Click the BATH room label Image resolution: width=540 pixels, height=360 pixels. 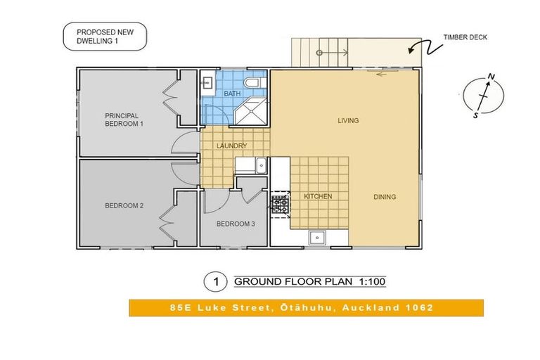[232, 94]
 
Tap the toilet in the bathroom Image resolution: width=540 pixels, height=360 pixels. [254, 83]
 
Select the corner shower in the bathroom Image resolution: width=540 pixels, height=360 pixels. [252, 110]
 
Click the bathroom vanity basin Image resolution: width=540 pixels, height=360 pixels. [207, 82]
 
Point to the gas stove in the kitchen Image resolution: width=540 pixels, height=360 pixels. [280, 205]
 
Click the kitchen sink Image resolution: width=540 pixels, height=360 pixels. [317, 238]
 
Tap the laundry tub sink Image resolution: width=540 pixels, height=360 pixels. [262, 165]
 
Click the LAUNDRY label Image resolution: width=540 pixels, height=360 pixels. [231, 146]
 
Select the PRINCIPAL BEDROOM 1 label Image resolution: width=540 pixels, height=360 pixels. [124, 120]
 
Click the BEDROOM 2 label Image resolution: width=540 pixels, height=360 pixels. [124, 206]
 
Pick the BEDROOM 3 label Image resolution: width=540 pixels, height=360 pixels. [236, 224]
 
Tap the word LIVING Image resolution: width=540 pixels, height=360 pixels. [348, 120]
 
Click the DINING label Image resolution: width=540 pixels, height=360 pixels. [385, 197]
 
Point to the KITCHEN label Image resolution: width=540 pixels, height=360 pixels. [318, 196]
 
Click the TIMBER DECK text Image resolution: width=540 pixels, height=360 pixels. [465, 37]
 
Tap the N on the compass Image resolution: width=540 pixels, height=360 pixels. [492, 77]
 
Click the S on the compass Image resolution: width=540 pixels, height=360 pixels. [475, 115]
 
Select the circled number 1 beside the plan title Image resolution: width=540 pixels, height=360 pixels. [216, 282]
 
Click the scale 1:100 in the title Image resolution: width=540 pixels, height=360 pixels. [372, 281]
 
